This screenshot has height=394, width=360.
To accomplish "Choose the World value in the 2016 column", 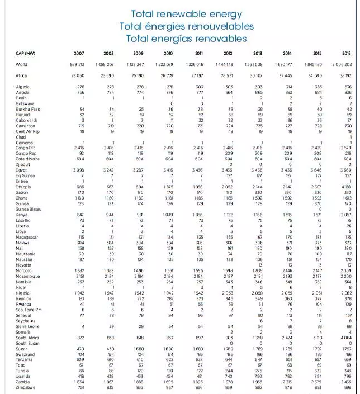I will [343, 65].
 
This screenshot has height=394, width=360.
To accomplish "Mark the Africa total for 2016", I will [345, 75].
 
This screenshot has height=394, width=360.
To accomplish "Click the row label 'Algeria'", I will [23, 87].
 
